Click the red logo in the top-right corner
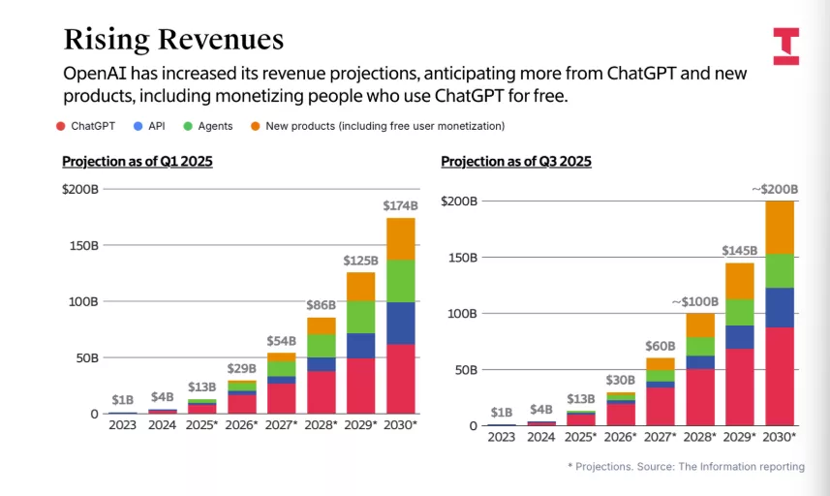tap(786, 46)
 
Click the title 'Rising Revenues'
tap(173, 39)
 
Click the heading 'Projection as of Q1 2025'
tap(137, 162)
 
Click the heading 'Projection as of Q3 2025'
tap(516, 162)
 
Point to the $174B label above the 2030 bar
tap(400, 205)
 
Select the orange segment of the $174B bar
tap(400, 238)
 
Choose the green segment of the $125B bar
tap(361, 317)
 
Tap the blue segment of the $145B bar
tap(739, 336)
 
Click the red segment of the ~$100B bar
tap(700, 396)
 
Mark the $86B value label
tap(321, 304)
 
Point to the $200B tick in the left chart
tap(79, 189)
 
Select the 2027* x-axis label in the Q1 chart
tap(282, 424)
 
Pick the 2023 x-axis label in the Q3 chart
tap(502, 437)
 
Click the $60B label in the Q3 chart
tap(660, 345)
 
